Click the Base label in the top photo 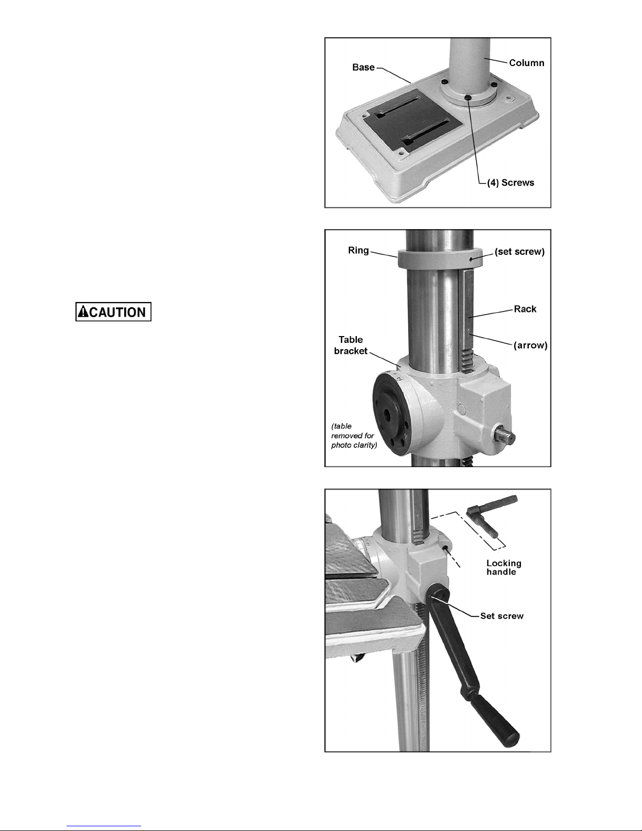pos(363,67)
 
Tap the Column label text pos(527,63)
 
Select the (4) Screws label pos(510,182)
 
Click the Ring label pos(358,251)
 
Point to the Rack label pos(525,309)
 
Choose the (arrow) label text pos(530,345)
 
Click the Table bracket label pos(351,345)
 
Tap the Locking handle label pos(504,567)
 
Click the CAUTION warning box pos(114,311)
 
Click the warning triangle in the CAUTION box pos(83,311)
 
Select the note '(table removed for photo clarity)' pos(354,435)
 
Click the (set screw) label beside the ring pos(519,252)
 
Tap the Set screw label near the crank pos(502,616)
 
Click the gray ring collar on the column pos(440,260)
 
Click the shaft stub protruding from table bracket pos(506,437)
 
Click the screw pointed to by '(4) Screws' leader pos(467,98)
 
